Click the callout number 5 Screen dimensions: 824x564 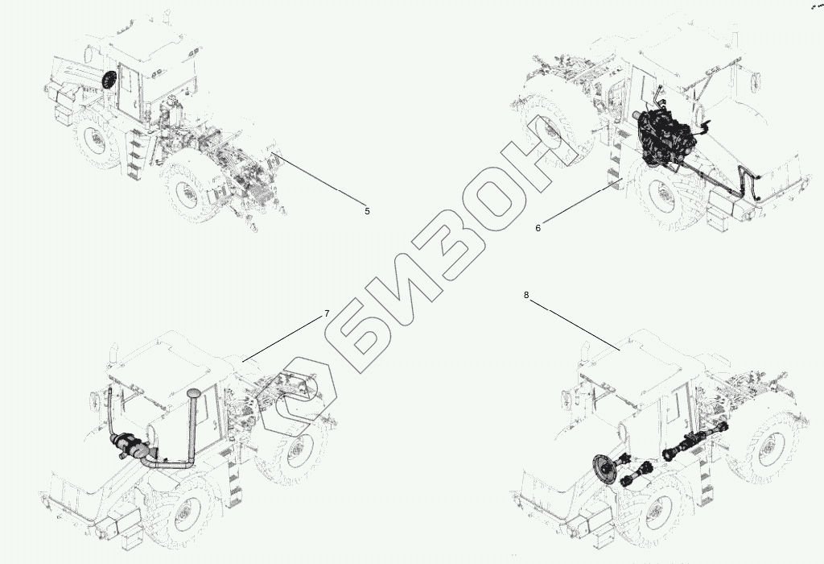367,211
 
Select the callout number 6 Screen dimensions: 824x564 538,228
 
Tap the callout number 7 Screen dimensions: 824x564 327,313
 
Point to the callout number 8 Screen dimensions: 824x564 526,295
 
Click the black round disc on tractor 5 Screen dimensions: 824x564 108,81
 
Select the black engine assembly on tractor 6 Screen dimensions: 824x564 662,139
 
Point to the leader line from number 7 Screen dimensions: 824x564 283,338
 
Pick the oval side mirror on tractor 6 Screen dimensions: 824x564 757,81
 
